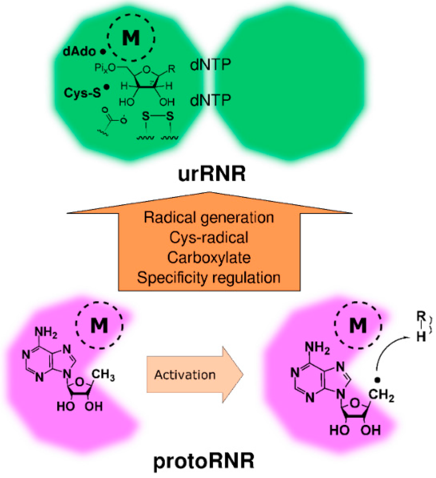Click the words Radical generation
click(209, 218)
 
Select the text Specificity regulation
click(209, 277)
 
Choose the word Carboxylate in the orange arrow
click(209, 258)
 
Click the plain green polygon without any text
click(290, 81)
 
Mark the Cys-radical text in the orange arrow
click(209, 238)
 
